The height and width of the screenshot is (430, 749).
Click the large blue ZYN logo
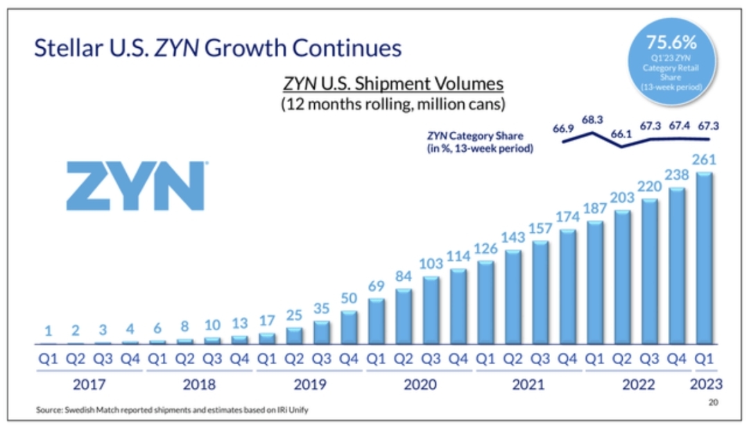[x=136, y=186]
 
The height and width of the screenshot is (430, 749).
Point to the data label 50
[x=350, y=298]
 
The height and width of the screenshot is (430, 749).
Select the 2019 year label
[x=309, y=384]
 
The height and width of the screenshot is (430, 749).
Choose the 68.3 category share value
[x=593, y=120]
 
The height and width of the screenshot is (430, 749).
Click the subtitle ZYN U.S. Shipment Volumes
[x=393, y=84]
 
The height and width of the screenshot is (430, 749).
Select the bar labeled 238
[x=677, y=266]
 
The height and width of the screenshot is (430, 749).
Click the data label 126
[x=485, y=248]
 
